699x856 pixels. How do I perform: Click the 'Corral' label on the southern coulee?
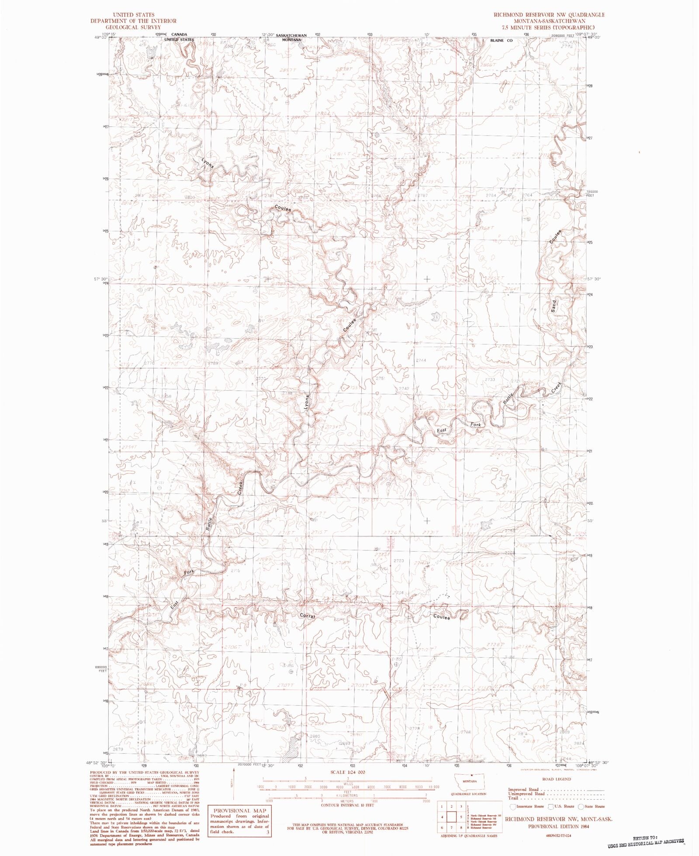point(308,616)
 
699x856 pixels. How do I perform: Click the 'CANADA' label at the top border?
point(179,35)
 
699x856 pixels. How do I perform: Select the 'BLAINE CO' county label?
point(501,40)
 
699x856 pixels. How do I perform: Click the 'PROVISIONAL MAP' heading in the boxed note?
point(238,811)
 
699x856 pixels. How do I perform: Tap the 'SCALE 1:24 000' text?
point(348,772)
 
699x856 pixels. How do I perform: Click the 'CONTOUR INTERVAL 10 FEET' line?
point(348,805)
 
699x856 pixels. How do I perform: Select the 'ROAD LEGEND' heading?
point(557,779)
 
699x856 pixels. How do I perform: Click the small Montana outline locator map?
point(470,781)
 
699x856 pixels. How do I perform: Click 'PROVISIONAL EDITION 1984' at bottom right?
point(558,827)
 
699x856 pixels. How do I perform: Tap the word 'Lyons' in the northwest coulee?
point(208,163)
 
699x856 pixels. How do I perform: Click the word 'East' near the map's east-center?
point(442,431)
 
